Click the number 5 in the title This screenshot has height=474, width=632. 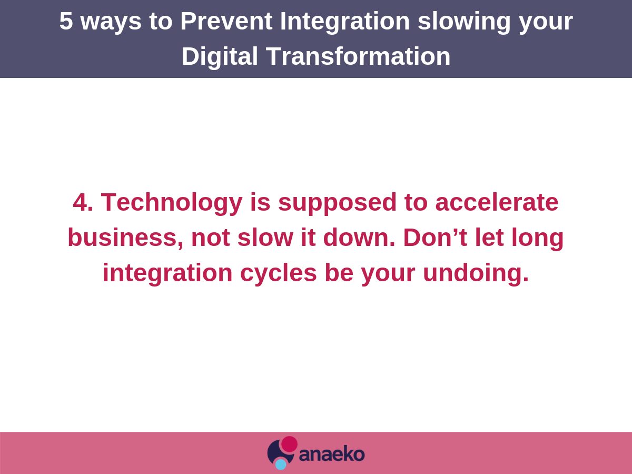(x=66, y=21)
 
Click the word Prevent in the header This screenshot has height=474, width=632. (x=226, y=21)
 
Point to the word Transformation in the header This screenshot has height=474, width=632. (x=358, y=56)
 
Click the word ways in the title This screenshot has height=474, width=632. (x=111, y=24)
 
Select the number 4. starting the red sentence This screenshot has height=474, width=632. (x=83, y=202)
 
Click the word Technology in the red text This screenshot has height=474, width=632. (x=172, y=204)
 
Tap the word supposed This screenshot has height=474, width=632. (x=337, y=204)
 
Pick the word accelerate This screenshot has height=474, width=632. (x=497, y=203)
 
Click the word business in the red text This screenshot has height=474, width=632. (x=125, y=238)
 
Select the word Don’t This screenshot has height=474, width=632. (x=435, y=238)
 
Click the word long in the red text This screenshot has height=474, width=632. (x=537, y=239)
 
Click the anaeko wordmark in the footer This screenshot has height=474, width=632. (x=332, y=454)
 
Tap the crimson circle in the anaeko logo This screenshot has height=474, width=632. (x=289, y=444)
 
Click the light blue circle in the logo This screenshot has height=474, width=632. (x=281, y=465)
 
